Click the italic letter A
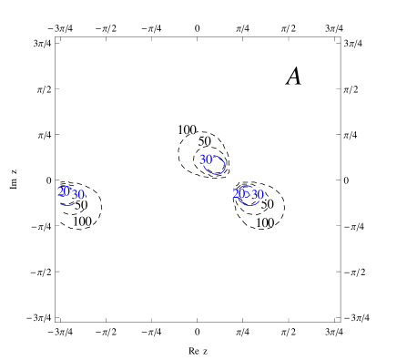coord(293,77)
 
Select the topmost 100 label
coord(187,130)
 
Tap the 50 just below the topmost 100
coord(204,141)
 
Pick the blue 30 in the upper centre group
coord(207,159)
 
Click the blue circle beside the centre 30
coord(216,166)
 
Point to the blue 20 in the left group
coord(63,191)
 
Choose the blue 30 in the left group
coord(77,194)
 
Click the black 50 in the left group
coord(81,205)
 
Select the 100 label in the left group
coord(82,221)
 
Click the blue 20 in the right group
coord(239,193)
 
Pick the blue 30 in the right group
coord(257,194)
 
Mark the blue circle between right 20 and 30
coord(248,196)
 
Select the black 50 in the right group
coord(267,204)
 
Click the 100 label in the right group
coord(265,222)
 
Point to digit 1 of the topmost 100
coord(180,130)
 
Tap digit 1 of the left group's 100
coord(76,221)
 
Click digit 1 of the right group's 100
coord(259,222)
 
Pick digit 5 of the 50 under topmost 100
coord(201,141)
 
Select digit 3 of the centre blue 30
coord(203,159)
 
